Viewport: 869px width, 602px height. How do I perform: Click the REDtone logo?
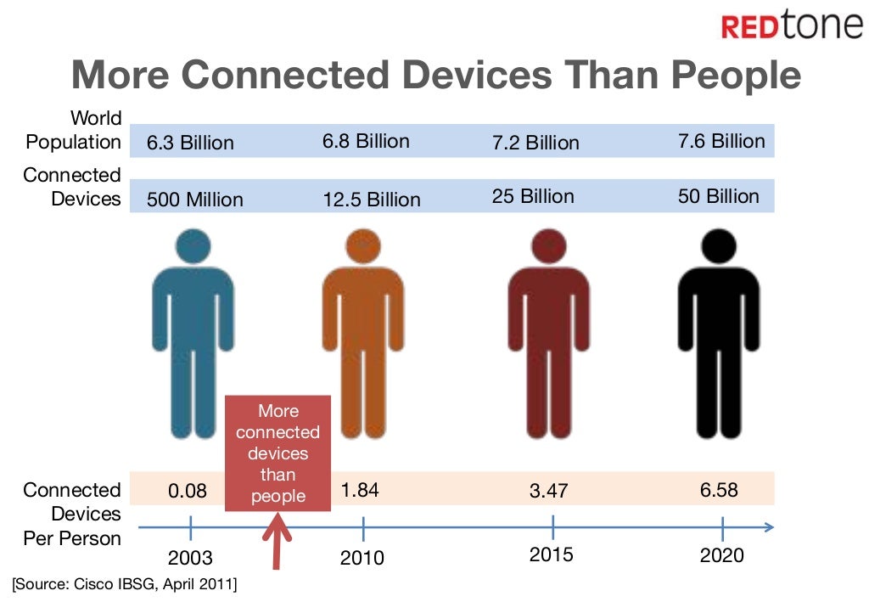791,25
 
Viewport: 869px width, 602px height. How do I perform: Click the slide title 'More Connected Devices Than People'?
436,75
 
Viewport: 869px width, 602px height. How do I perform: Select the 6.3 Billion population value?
190,143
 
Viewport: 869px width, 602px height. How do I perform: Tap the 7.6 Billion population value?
721,141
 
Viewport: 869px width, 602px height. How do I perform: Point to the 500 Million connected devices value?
195,200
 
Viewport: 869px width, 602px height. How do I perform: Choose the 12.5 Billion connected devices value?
372,200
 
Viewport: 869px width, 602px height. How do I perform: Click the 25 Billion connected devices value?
533,196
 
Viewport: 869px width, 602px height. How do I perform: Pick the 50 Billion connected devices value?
719,196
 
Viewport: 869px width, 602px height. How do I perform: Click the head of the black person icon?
720,245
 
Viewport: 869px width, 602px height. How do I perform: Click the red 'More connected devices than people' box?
278,453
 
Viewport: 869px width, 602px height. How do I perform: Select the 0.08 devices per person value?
188,491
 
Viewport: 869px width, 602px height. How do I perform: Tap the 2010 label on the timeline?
362,558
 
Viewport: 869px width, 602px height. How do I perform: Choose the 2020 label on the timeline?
722,555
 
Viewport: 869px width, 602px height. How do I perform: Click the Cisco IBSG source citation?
125,584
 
